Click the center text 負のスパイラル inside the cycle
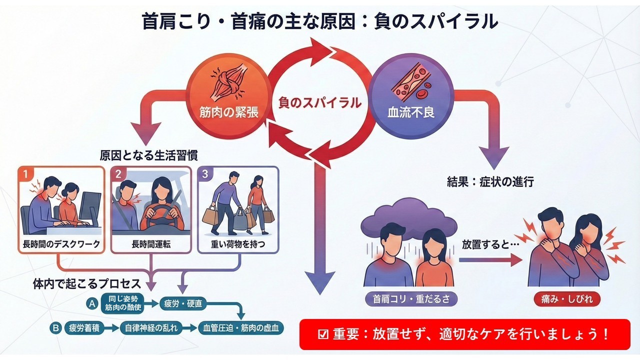319,103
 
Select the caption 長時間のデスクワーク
61,245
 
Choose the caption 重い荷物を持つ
238,245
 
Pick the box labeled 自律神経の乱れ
150,328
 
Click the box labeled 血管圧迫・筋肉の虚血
241,328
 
